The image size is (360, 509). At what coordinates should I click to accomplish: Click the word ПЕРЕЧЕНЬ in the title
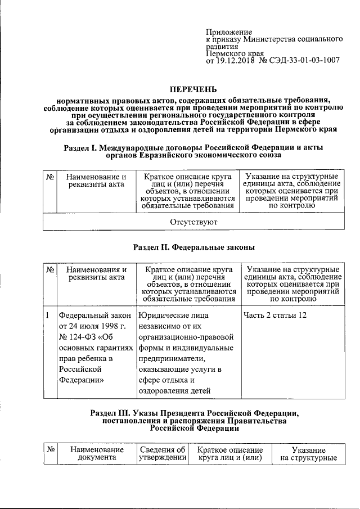[193, 89]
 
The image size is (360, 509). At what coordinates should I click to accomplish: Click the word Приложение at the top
[229, 32]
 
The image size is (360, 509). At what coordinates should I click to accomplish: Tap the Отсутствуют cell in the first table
[193, 222]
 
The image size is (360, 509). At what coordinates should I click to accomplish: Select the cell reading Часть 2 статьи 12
[275, 315]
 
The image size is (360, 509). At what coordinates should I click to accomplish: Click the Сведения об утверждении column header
[163, 454]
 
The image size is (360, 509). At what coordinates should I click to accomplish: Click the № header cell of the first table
[49, 177]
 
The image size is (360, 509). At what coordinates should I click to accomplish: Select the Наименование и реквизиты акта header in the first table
[93, 182]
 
